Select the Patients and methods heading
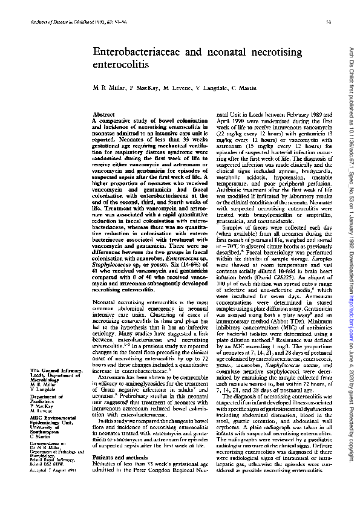pyautogui.click(x=117, y=459)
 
